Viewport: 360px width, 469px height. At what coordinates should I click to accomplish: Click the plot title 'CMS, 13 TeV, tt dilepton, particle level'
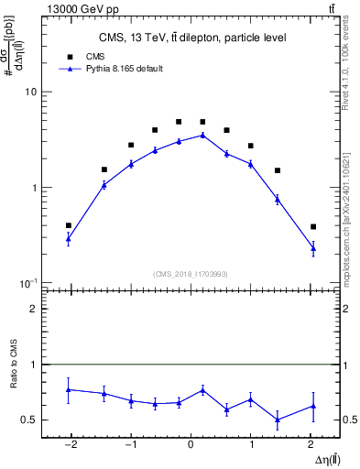pyautogui.click(x=192, y=38)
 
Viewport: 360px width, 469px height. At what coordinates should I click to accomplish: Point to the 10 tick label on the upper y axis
pyautogui.click(x=30, y=93)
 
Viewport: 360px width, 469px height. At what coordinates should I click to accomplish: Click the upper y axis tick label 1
pyautogui.click(x=33, y=188)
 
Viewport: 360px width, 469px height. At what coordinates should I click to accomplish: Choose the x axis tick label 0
pyautogui.click(x=191, y=445)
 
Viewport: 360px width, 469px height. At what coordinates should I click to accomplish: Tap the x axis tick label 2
pyautogui.click(x=312, y=445)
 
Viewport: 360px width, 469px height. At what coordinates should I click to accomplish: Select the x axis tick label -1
pyautogui.click(x=129, y=445)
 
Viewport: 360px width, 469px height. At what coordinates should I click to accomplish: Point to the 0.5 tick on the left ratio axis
pyautogui.click(x=29, y=420)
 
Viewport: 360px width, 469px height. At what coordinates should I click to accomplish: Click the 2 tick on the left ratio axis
pyautogui.click(x=33, y=310)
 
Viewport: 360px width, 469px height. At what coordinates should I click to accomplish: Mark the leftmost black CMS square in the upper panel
pyautogui.click(x=69, y=225)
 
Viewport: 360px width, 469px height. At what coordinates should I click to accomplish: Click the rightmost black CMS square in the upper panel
pyautogui.click(x=313, y=226)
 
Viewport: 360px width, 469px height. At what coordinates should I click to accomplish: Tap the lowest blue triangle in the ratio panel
pyautogui.click(x=277, y=420)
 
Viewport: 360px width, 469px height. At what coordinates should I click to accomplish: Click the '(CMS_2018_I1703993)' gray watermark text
pyautogui.click(x=191, y=273)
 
